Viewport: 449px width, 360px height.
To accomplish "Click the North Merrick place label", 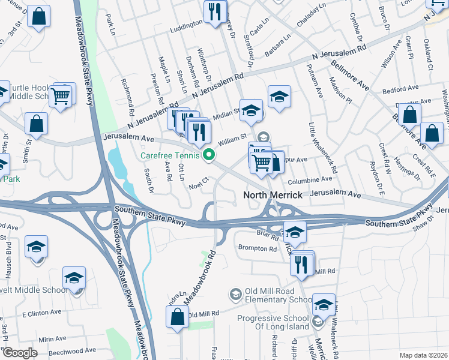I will [271, 195].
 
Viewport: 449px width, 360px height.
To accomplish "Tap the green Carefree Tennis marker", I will [209, 156].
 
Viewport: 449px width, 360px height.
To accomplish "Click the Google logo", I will [20, 353].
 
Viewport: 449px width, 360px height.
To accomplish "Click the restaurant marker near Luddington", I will [215, 11].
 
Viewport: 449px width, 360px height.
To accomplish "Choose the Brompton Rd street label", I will [256, 248].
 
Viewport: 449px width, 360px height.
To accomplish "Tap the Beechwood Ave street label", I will [72, 350].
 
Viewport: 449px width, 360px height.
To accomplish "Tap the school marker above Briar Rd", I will [294, 232].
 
